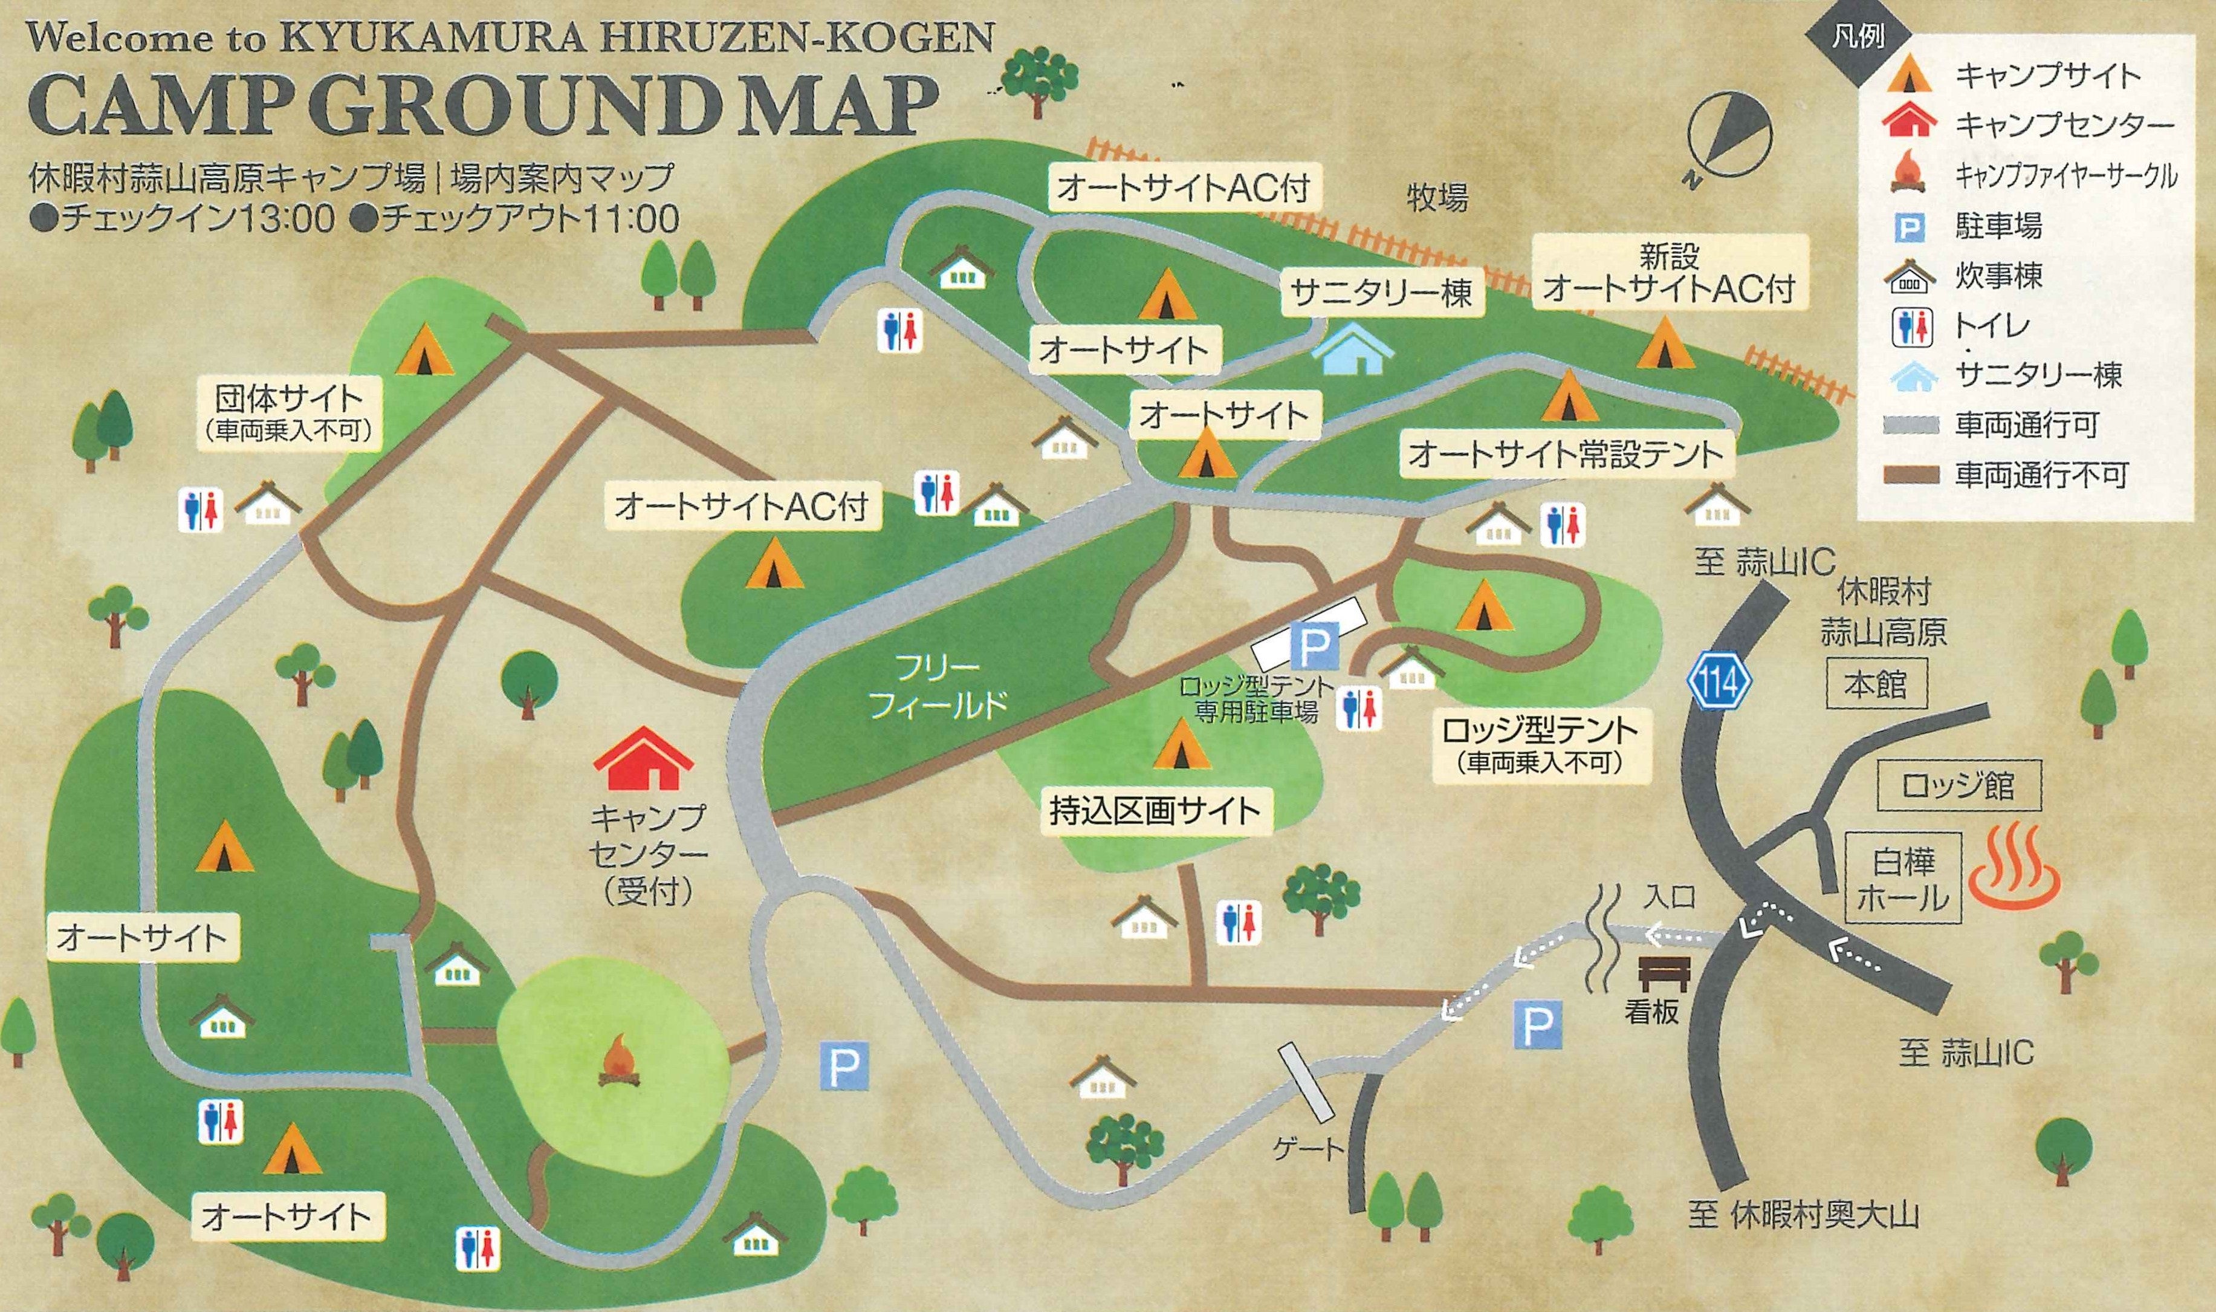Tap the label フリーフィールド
[937, 685]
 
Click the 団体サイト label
[288, 411]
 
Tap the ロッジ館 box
[1957, 785]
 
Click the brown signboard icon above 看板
[1665, 973]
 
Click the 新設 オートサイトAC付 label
[1669, 274]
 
